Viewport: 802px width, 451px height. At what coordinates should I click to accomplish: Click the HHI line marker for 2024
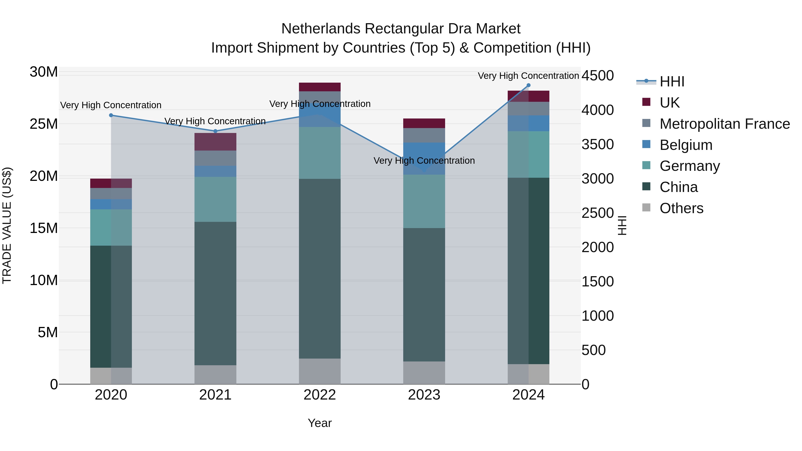click(x=528, y=85)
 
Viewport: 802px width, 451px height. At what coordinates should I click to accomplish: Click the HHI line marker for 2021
click(x=215, y=131)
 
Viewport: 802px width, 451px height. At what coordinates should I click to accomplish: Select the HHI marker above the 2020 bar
click(x=111, y=115)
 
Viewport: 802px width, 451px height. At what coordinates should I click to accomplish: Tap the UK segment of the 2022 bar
click(x=320, y=87)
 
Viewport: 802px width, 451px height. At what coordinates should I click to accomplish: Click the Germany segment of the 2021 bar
click(x=215, y=199)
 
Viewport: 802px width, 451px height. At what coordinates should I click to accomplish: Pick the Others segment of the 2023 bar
click(x=424, y=373)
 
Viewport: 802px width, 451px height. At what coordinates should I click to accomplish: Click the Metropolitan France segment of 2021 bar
click(x=215, y=158)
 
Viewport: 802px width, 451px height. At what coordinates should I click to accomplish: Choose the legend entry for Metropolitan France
click(x=724, y=124)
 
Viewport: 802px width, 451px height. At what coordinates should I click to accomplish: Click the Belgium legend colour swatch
click(x=646, y=144)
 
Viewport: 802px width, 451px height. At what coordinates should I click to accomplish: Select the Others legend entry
click(x=681, y=208)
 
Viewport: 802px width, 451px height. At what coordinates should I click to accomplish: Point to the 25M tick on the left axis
click(x=44, y=124)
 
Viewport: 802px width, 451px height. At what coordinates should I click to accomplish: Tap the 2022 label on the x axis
click(x=320, y=395)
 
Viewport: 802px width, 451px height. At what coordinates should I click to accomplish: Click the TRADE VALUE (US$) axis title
click(x=7, y=225)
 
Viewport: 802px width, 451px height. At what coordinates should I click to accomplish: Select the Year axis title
click(x=320, y=423)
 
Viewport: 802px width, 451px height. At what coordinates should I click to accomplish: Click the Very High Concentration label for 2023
click(x=424, y=161)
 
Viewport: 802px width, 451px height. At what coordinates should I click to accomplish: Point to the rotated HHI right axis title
click(x=622, y=225)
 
